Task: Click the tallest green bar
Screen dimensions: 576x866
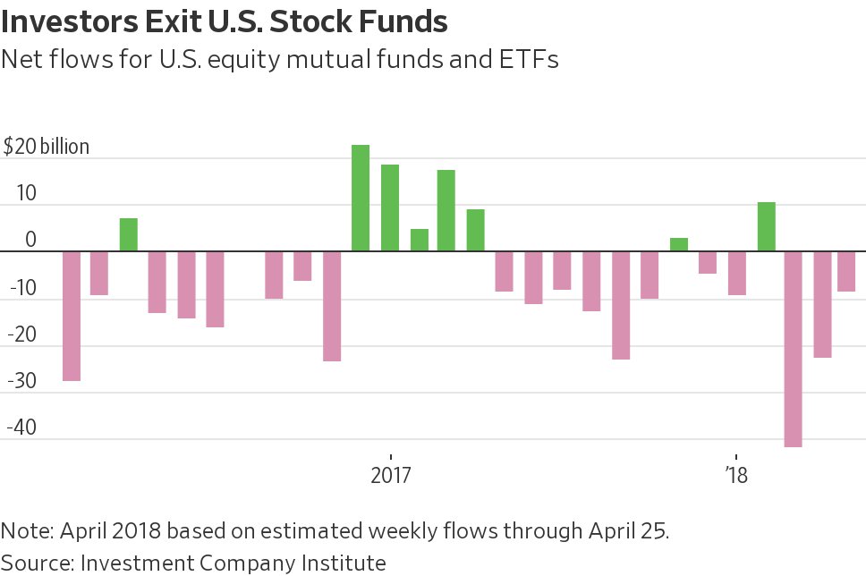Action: pyautogui.click(x=361, y=198)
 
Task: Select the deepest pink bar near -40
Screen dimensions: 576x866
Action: pyautogui.click(x=793, y=349)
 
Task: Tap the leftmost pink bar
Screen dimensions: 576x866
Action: pyautogui.click(x=72, y=316)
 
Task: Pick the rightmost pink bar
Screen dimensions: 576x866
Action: pyautogui.click(x=846, y=271)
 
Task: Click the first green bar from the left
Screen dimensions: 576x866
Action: pyautogui.click(x=129, y=234)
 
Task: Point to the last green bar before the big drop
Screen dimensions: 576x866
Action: pyautogui.click(x=766, y=227)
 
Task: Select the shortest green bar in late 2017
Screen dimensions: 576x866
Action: pyautogui.click(x=679, y=245)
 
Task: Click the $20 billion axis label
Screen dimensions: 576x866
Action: pyautogui.click(x=47, y=147)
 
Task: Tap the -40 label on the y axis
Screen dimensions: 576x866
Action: pyautogui.click(x=22, y=427)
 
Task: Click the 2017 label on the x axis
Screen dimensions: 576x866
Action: pyautogui.click(x=390, y=474)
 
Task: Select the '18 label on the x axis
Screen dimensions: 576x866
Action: pyautogui.click(x=735, y=474)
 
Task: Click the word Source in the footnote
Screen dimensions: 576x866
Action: pyautogui.click(x=35, y=563)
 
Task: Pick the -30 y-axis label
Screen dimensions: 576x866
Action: pyautogui.click(x=22, y=380)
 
